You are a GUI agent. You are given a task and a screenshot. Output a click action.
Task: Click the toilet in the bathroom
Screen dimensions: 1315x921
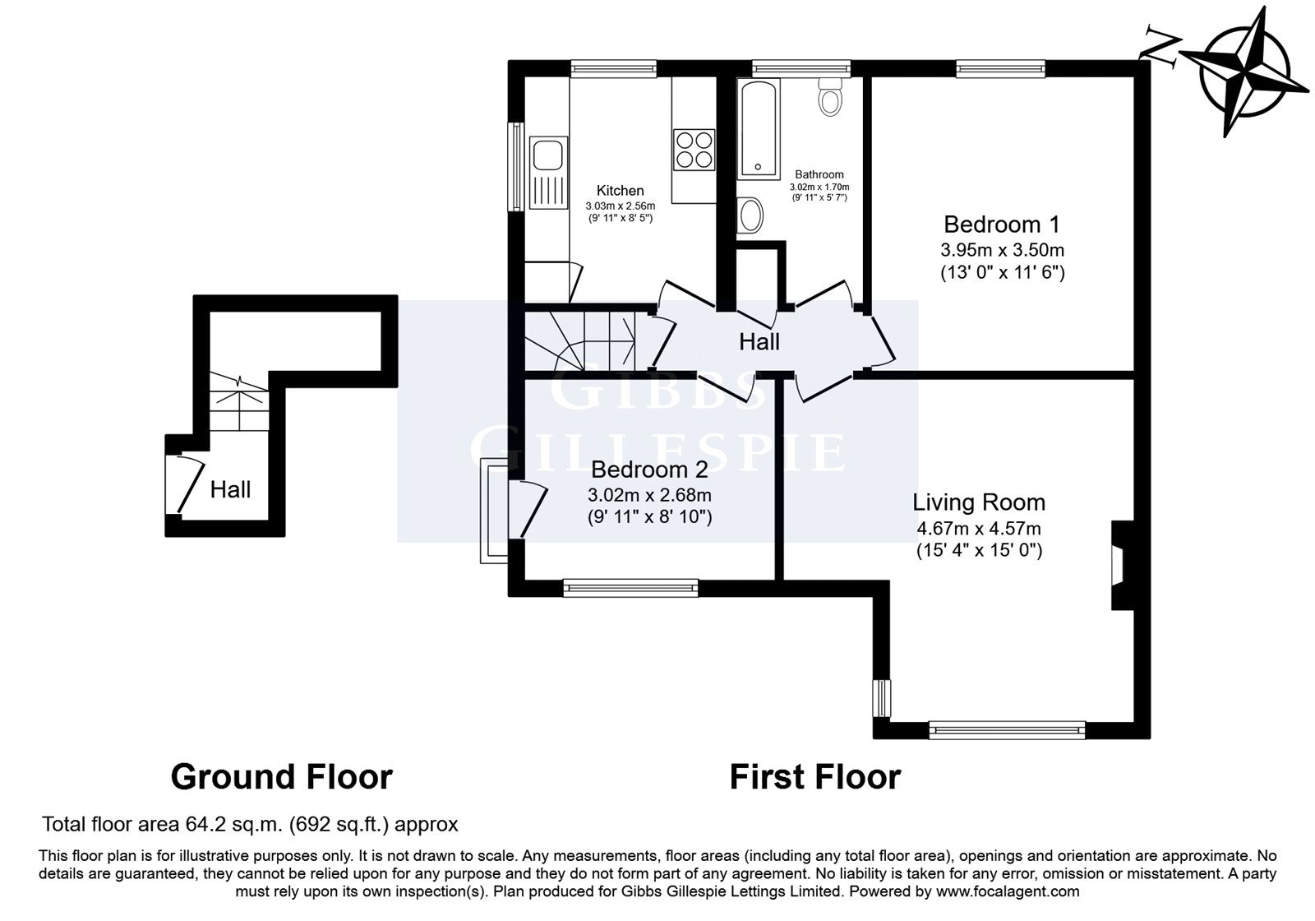(830, 97)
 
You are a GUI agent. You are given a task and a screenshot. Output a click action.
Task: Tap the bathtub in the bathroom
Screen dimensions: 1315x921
(759, 128)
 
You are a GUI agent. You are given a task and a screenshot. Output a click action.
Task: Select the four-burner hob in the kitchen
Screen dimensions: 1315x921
(694, 150)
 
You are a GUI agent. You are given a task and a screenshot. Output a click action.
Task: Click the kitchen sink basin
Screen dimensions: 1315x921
(548, 155)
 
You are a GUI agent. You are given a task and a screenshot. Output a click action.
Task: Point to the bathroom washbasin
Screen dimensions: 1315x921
(750, 215)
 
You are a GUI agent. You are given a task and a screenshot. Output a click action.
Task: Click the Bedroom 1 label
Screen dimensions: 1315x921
(1002, 224)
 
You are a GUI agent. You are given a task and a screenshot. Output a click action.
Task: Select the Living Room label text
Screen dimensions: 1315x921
(979, 502)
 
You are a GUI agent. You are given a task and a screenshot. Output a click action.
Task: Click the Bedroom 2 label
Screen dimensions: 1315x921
(649, 470)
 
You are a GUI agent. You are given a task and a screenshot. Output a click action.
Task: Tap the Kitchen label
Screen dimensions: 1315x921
(620, 190)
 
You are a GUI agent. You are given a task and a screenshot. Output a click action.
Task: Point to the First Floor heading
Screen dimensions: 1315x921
(814, 777)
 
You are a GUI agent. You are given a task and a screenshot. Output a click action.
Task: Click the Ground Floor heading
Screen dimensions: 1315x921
(282, 777)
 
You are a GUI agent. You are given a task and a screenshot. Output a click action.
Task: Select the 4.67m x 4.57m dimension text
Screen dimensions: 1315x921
(979, 528)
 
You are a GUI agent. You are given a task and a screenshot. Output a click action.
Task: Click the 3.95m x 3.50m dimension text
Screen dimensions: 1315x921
(1002, 250)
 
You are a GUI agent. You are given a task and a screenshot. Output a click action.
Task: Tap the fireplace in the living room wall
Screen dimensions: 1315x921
(1121, 565)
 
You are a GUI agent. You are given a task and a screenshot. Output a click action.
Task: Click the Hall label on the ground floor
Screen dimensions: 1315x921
(230, 489)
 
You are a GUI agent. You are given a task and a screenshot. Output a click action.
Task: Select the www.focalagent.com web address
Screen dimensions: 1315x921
(1008, 891)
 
